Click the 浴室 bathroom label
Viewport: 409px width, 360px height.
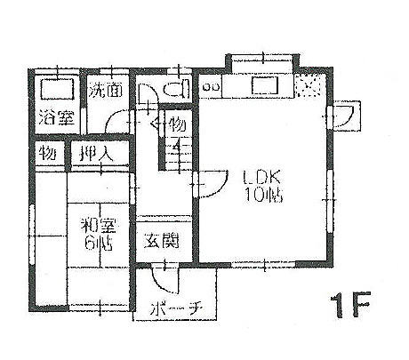[56, 117]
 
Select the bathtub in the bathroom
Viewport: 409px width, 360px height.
[57, 89]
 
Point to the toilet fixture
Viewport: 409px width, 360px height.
[177, 88]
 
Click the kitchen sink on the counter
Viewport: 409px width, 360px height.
[265, 85]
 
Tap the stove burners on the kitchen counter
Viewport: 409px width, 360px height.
[211, 87]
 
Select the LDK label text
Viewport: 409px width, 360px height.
[261, 178]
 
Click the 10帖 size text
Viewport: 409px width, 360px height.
[263, 195]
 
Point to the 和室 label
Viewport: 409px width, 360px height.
[99, 227]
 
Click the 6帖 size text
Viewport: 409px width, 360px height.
[99, 244]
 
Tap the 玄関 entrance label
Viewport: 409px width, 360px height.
[162, 241]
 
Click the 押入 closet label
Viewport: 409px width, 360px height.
[96, 153]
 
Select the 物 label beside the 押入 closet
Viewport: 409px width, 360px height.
[48, 153]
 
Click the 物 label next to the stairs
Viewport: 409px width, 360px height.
[177, 124]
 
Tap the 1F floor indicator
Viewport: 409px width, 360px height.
[350, 305]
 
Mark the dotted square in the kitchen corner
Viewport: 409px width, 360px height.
[309, 85]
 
